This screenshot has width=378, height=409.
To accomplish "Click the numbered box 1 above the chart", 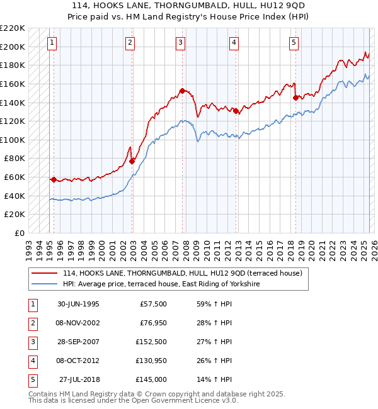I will coord(51,43).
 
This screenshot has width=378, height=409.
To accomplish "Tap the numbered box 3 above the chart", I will coord(180,43).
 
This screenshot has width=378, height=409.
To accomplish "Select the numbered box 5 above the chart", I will coord(294,43).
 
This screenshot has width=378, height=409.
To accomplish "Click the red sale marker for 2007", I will coord(182,91).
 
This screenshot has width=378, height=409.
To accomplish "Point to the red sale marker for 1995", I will coord(54,179).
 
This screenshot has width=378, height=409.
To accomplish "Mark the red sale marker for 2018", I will coord(295,98).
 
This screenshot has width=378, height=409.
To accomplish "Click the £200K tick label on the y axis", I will coord(13,47).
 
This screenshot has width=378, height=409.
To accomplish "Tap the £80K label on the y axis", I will coord(15,159).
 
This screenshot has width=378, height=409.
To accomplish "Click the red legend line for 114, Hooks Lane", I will coord(45,273).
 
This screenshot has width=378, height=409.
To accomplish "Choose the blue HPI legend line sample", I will coord(45,284).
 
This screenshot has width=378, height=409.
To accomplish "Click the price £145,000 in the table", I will coord(151,379).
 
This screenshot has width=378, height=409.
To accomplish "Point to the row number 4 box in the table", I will coord(32,361).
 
